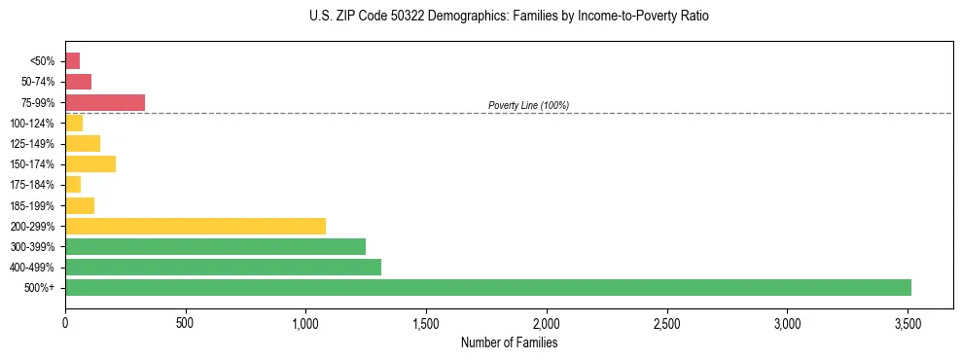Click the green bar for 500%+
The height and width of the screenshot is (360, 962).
[x=487, y=287]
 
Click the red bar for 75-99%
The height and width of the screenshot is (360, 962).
[x=105, y=102]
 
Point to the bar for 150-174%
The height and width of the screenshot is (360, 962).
[x=90, y=163]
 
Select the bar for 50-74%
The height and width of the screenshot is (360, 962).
[x=78, y=82]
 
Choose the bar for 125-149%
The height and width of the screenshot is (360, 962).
[x=83, y=143]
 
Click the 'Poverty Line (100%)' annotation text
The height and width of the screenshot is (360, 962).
[x=528, y=105]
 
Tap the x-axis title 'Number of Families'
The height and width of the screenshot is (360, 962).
[x=509, y=342]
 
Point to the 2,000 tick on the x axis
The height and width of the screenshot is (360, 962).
[x=547, y=322]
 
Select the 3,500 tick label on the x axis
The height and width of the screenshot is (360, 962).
[x=908, y=322]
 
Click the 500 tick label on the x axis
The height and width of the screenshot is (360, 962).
[x=186, y=322]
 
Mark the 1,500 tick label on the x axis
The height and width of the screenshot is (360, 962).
[x=426, y=322]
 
